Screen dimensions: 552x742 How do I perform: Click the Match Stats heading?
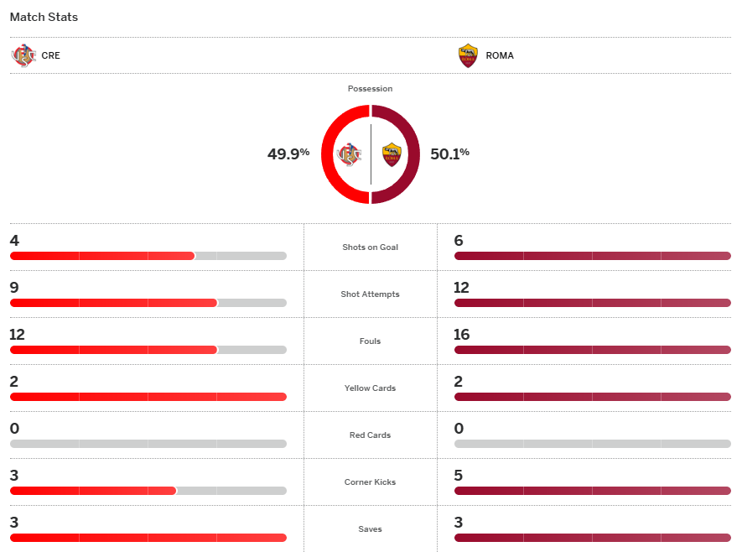click(x=44, y=17)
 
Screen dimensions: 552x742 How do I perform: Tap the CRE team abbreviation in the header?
click(x=50, y=56)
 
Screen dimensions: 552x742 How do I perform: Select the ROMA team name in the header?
click(x=500, y=56)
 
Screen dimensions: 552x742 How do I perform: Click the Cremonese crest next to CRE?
click(x=23, y=56)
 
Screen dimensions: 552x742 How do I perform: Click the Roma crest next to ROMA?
click(x=468, y=56)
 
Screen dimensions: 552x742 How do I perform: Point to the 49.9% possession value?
click(x=288, y=154)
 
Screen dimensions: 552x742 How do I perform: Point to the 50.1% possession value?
click(x=449, y=154)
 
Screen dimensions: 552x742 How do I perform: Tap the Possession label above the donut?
click(x=370, y=89)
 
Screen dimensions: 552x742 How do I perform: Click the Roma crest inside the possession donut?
click(x=392, y=154)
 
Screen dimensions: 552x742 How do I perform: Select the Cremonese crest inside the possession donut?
click(x=349, y=154)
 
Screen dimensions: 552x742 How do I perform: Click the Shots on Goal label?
click(x=370, y=247)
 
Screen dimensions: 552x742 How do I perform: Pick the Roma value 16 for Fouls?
click(x=462, y=335)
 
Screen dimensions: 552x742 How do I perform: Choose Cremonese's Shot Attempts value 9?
click(x=14, y=288)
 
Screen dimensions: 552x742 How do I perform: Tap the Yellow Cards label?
click(x=370, y=388)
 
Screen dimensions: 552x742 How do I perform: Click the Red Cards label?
click(x=370, y=435)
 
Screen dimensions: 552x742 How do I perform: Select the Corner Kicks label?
click(x=370, y=482)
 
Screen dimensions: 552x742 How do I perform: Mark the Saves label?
click(x=370, y=529)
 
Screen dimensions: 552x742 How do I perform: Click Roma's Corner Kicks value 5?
click(x=459, y=476)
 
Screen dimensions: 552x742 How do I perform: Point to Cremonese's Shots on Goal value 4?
click(x=14, y=241)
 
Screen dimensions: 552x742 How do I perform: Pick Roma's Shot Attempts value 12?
click(x=462, y=288)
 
